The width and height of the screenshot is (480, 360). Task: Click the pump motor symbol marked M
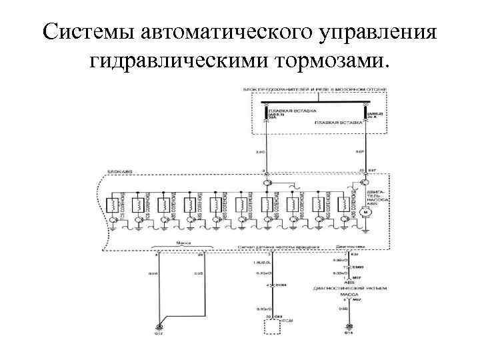(x=365, y=212)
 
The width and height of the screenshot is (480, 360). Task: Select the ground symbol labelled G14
(x=347, y=327)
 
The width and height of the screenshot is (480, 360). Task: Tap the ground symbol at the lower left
(x=159, y=326)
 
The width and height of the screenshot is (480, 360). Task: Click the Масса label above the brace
(x=179, y=244)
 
